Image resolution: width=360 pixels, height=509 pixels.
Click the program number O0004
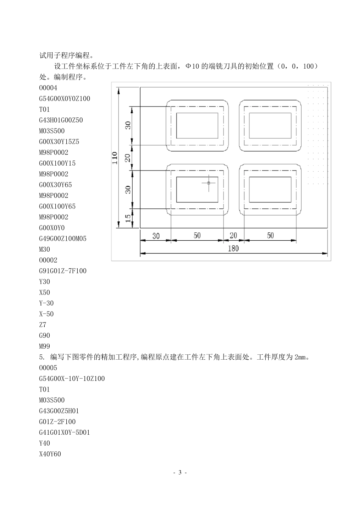click(x=48, y=88)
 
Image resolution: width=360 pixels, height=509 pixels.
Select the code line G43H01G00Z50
click(x=61, y=120)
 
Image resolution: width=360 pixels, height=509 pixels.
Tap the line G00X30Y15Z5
click(x=59, y=142)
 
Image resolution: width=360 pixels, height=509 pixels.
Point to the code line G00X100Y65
click(x=57, y=207)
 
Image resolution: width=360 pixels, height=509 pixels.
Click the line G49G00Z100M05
click(x=63, y=239)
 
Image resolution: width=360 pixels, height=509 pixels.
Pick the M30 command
click(x=44, y=249)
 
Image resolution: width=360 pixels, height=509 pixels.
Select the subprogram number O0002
click(x=48, y=260)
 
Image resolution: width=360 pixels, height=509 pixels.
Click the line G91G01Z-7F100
click(x=63, y=271)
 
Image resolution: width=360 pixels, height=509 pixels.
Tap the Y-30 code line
click(x=46, y=303)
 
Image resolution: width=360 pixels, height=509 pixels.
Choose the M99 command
click(x=44, y=346)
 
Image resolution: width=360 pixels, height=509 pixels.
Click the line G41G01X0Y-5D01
click(x=64, y=432)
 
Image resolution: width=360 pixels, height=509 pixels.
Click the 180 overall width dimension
click(x=233, y=249)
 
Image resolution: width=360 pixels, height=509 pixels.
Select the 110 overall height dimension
click(x=115, y=158)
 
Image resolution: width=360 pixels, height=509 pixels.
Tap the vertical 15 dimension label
click(x=128, y=218)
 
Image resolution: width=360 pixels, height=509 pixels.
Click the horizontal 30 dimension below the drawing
click(x=156, y=236)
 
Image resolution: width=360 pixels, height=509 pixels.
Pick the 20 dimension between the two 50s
click(x=233, y=235)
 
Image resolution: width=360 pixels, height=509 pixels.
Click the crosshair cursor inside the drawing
click(x=209, y=183)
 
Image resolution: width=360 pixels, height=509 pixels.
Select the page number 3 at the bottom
click(x=180, y=473)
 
